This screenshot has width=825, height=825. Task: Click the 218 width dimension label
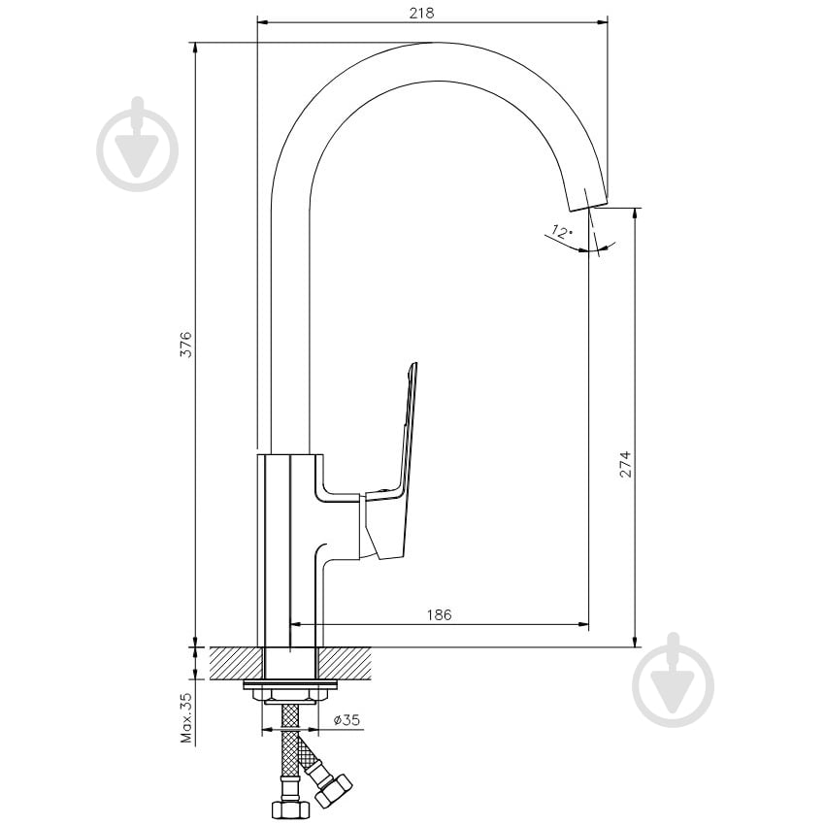coord(421,13)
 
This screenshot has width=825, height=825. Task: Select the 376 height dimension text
coord(186,345)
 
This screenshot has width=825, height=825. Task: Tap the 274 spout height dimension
coord(625,464)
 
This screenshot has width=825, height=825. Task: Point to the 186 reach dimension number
coord(439,614)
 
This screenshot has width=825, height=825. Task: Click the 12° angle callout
coord(561,231)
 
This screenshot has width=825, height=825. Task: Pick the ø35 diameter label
coord(347,720)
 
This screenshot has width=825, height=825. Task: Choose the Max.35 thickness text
coord(186,717)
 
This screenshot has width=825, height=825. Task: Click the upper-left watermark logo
coord(137,145)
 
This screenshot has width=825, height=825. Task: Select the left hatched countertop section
coord(236,663)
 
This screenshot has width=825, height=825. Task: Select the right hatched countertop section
coord(345,663)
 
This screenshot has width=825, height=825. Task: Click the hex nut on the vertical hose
coord(286,808)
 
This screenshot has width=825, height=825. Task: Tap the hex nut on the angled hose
coord(334,791)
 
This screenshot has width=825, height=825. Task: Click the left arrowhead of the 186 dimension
coord(296,624)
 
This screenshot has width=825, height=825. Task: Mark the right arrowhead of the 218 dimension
coord(603,22)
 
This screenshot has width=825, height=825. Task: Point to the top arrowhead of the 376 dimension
coord(196,48)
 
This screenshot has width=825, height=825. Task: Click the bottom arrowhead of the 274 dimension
coord(636,642)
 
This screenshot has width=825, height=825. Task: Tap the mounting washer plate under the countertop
coord(290,685)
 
